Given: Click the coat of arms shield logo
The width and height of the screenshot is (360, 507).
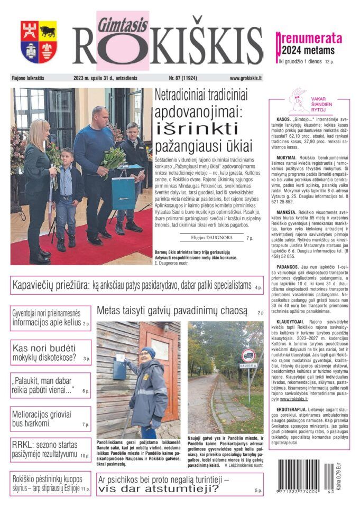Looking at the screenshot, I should click(39, 42).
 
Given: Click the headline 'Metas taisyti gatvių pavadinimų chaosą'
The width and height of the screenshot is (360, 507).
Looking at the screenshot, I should click(172, 310).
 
